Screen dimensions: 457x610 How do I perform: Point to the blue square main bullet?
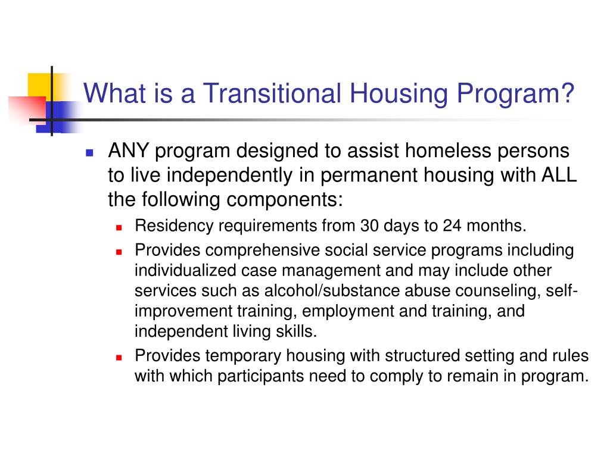click(x=90, y=152)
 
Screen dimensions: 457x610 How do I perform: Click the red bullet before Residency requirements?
click(x=119, y=228)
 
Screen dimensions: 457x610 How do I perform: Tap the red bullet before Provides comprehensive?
click(x=119, y=252)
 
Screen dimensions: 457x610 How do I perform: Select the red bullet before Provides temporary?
click(x=119, y=358)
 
